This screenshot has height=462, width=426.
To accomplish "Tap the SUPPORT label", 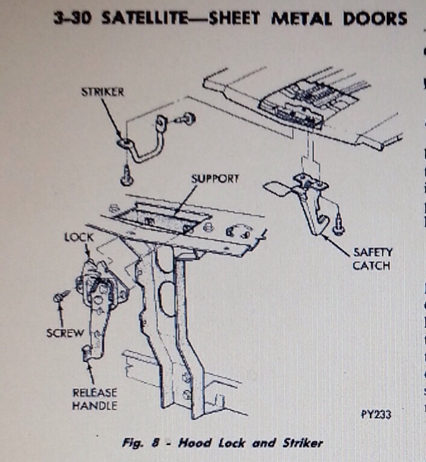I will (215, 179).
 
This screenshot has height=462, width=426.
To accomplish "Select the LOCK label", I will (78, 237).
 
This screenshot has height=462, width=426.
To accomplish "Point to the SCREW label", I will (65, 332).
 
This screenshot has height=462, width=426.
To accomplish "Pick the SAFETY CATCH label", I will (371, 259).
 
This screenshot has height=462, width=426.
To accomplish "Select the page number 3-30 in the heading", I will (73, 17).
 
